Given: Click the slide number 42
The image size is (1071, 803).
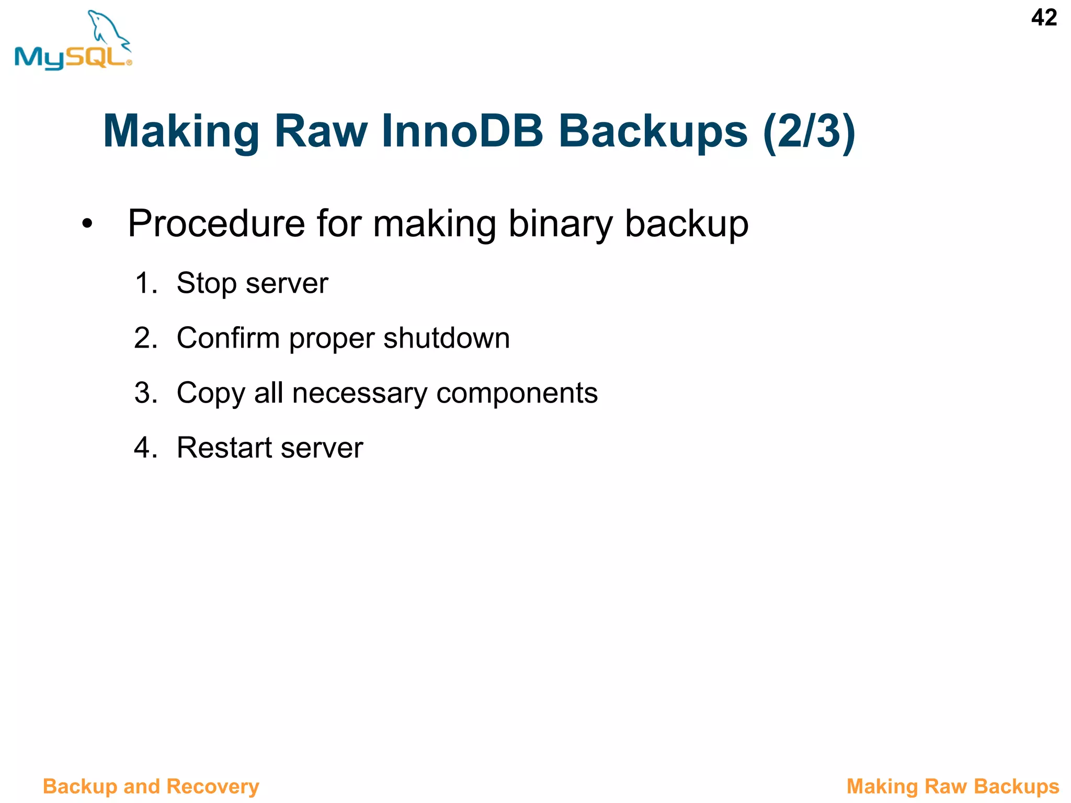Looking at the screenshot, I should coord(1044,18).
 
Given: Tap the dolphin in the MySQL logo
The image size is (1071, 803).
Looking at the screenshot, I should coord(107,29).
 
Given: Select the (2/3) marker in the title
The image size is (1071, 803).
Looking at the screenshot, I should coord(809,132).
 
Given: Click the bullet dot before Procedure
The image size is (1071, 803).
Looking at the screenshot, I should coord(87,224).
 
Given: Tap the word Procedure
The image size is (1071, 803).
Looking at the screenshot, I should coord(216,224).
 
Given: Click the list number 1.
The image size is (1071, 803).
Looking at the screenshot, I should coord(146,283).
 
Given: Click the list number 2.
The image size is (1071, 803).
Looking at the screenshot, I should coord(146,338).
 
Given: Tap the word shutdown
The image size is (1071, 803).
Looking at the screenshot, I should coord(447,338).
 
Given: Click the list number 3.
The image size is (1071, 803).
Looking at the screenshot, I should coord(146,393).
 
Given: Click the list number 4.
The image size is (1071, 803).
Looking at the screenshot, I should coord(146,448).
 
